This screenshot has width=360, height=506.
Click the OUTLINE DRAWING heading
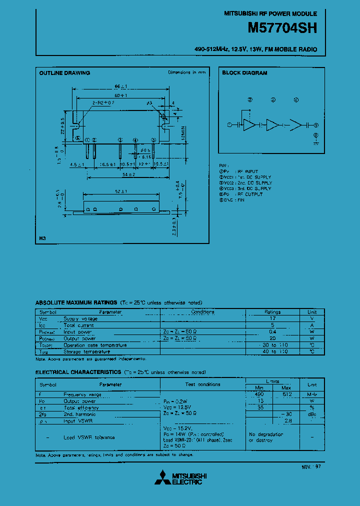point(64,73)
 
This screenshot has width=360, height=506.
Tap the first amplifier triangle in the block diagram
point(249,125)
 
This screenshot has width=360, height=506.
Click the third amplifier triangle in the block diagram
point(296,125)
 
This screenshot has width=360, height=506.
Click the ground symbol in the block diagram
point(315,142)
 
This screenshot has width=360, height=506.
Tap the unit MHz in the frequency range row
point(312,394)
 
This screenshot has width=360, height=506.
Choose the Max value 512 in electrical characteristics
point(286,394)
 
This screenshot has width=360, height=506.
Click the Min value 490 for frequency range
point(259,394)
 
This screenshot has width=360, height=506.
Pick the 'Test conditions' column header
point(202,384)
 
